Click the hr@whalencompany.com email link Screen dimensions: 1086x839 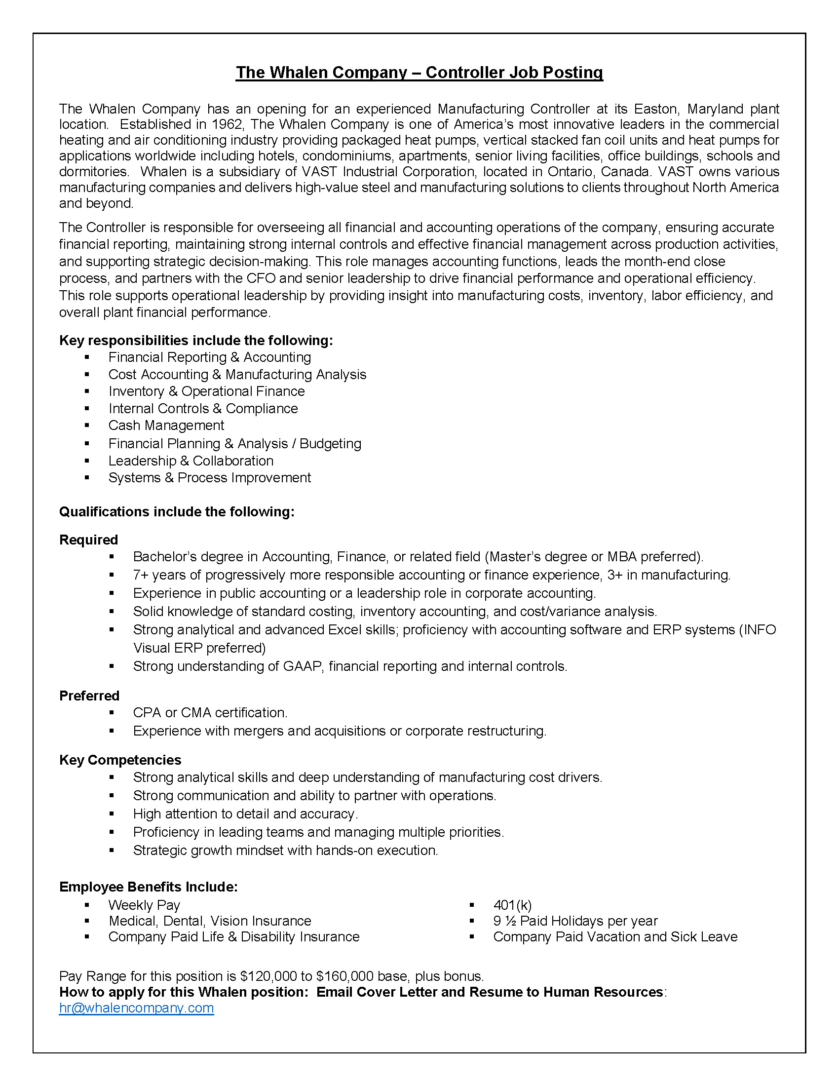click(136, 1008)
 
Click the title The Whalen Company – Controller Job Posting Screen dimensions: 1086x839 click(419, 73)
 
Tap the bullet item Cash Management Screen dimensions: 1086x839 click(166, 426)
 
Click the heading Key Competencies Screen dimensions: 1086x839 click(120, 760)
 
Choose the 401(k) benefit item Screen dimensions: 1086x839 click(512, 905)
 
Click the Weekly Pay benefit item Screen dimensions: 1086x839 click(144, 905)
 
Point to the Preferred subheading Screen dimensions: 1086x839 click(89, 696)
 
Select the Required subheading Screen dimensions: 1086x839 click(88, 540)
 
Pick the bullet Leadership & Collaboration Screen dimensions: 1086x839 click(191, 461)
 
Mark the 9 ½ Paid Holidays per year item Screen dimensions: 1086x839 click(574, 921)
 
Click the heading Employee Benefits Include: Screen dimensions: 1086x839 click(148, 887)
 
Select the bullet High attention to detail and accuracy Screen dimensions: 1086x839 click(245, 814)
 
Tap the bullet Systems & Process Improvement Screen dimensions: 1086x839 click(209, 478)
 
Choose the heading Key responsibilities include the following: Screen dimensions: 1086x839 click(196, 341)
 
